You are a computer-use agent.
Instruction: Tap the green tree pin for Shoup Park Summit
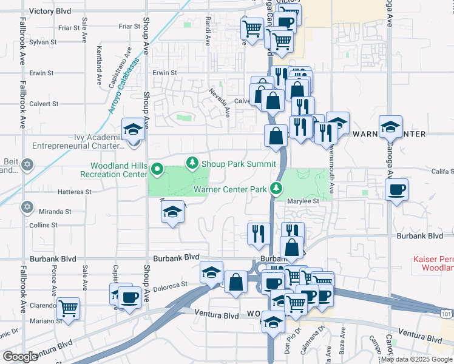192,163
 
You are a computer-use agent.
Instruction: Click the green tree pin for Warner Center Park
277,188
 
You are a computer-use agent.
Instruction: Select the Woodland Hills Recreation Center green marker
158,169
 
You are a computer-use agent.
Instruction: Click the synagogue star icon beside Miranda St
26,207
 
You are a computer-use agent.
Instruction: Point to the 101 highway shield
446,314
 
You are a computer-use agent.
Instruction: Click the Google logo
20,357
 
